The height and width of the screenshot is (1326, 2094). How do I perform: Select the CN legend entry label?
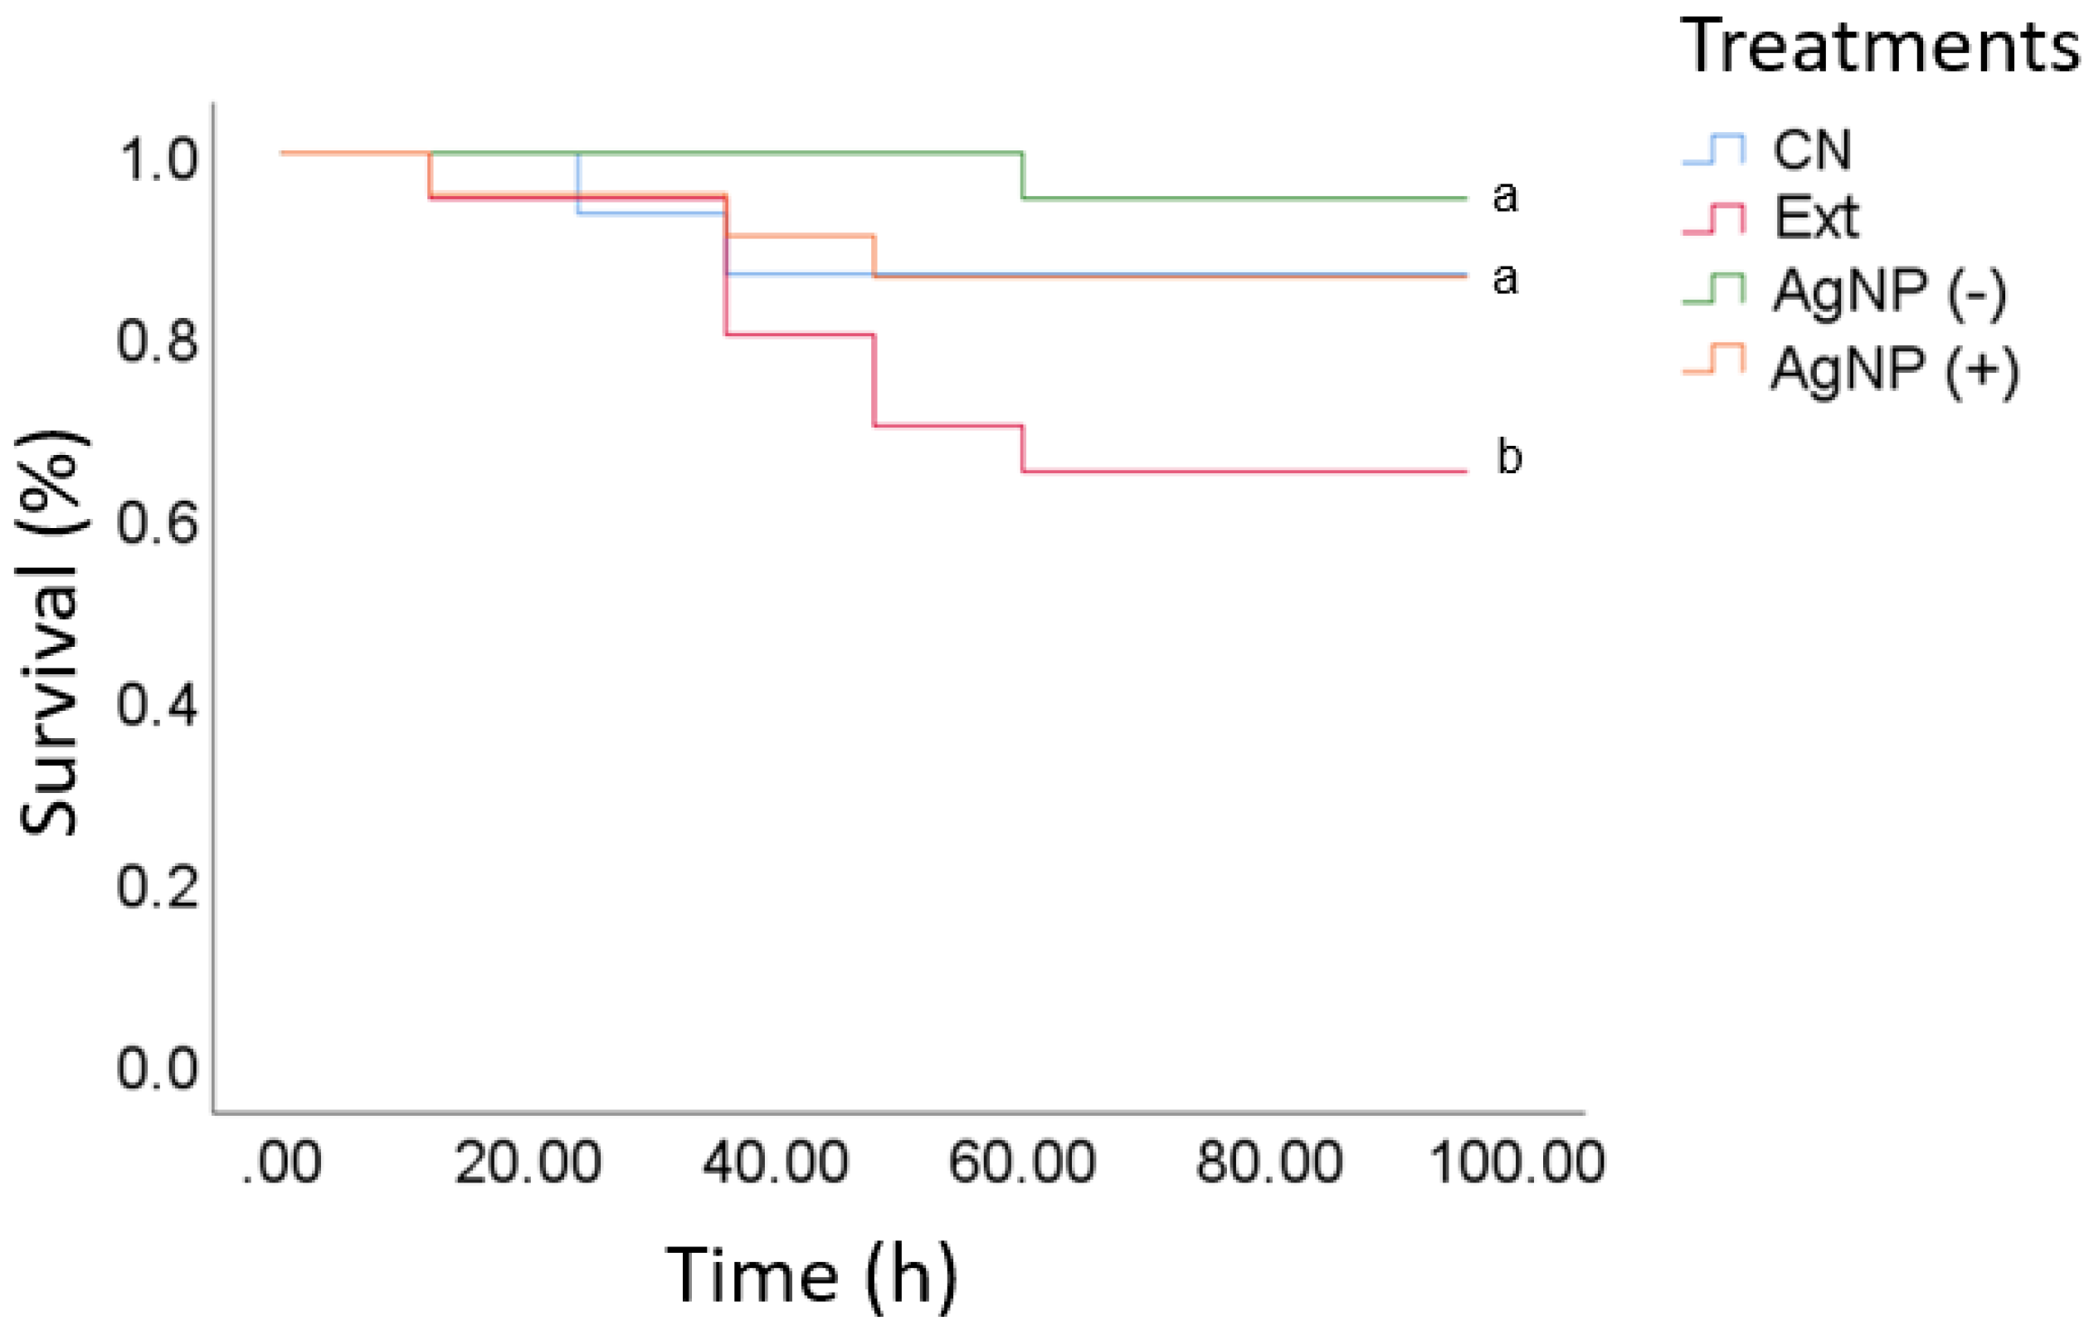pos(1812,150)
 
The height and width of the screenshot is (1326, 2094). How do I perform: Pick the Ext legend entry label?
pos(1816,218)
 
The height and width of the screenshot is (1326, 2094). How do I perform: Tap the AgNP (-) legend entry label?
pos(1890,291)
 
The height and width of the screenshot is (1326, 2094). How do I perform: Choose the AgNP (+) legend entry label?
pos(1895,370)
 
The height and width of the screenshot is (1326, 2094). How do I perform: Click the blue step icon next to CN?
pos(1714,149)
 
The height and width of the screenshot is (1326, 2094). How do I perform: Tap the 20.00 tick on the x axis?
pos(528,1162)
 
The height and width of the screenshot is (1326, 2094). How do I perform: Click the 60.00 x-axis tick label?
pos(1022,1162)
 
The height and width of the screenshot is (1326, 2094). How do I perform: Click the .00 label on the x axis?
pos(282,1162)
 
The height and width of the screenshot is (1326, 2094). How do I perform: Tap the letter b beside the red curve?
pos(1509,457)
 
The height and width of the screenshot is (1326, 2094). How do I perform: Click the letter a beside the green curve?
pos(1505,197)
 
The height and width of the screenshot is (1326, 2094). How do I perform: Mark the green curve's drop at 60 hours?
pos(1023,177)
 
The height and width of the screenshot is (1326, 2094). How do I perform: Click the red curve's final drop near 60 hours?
pos(1023,449)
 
